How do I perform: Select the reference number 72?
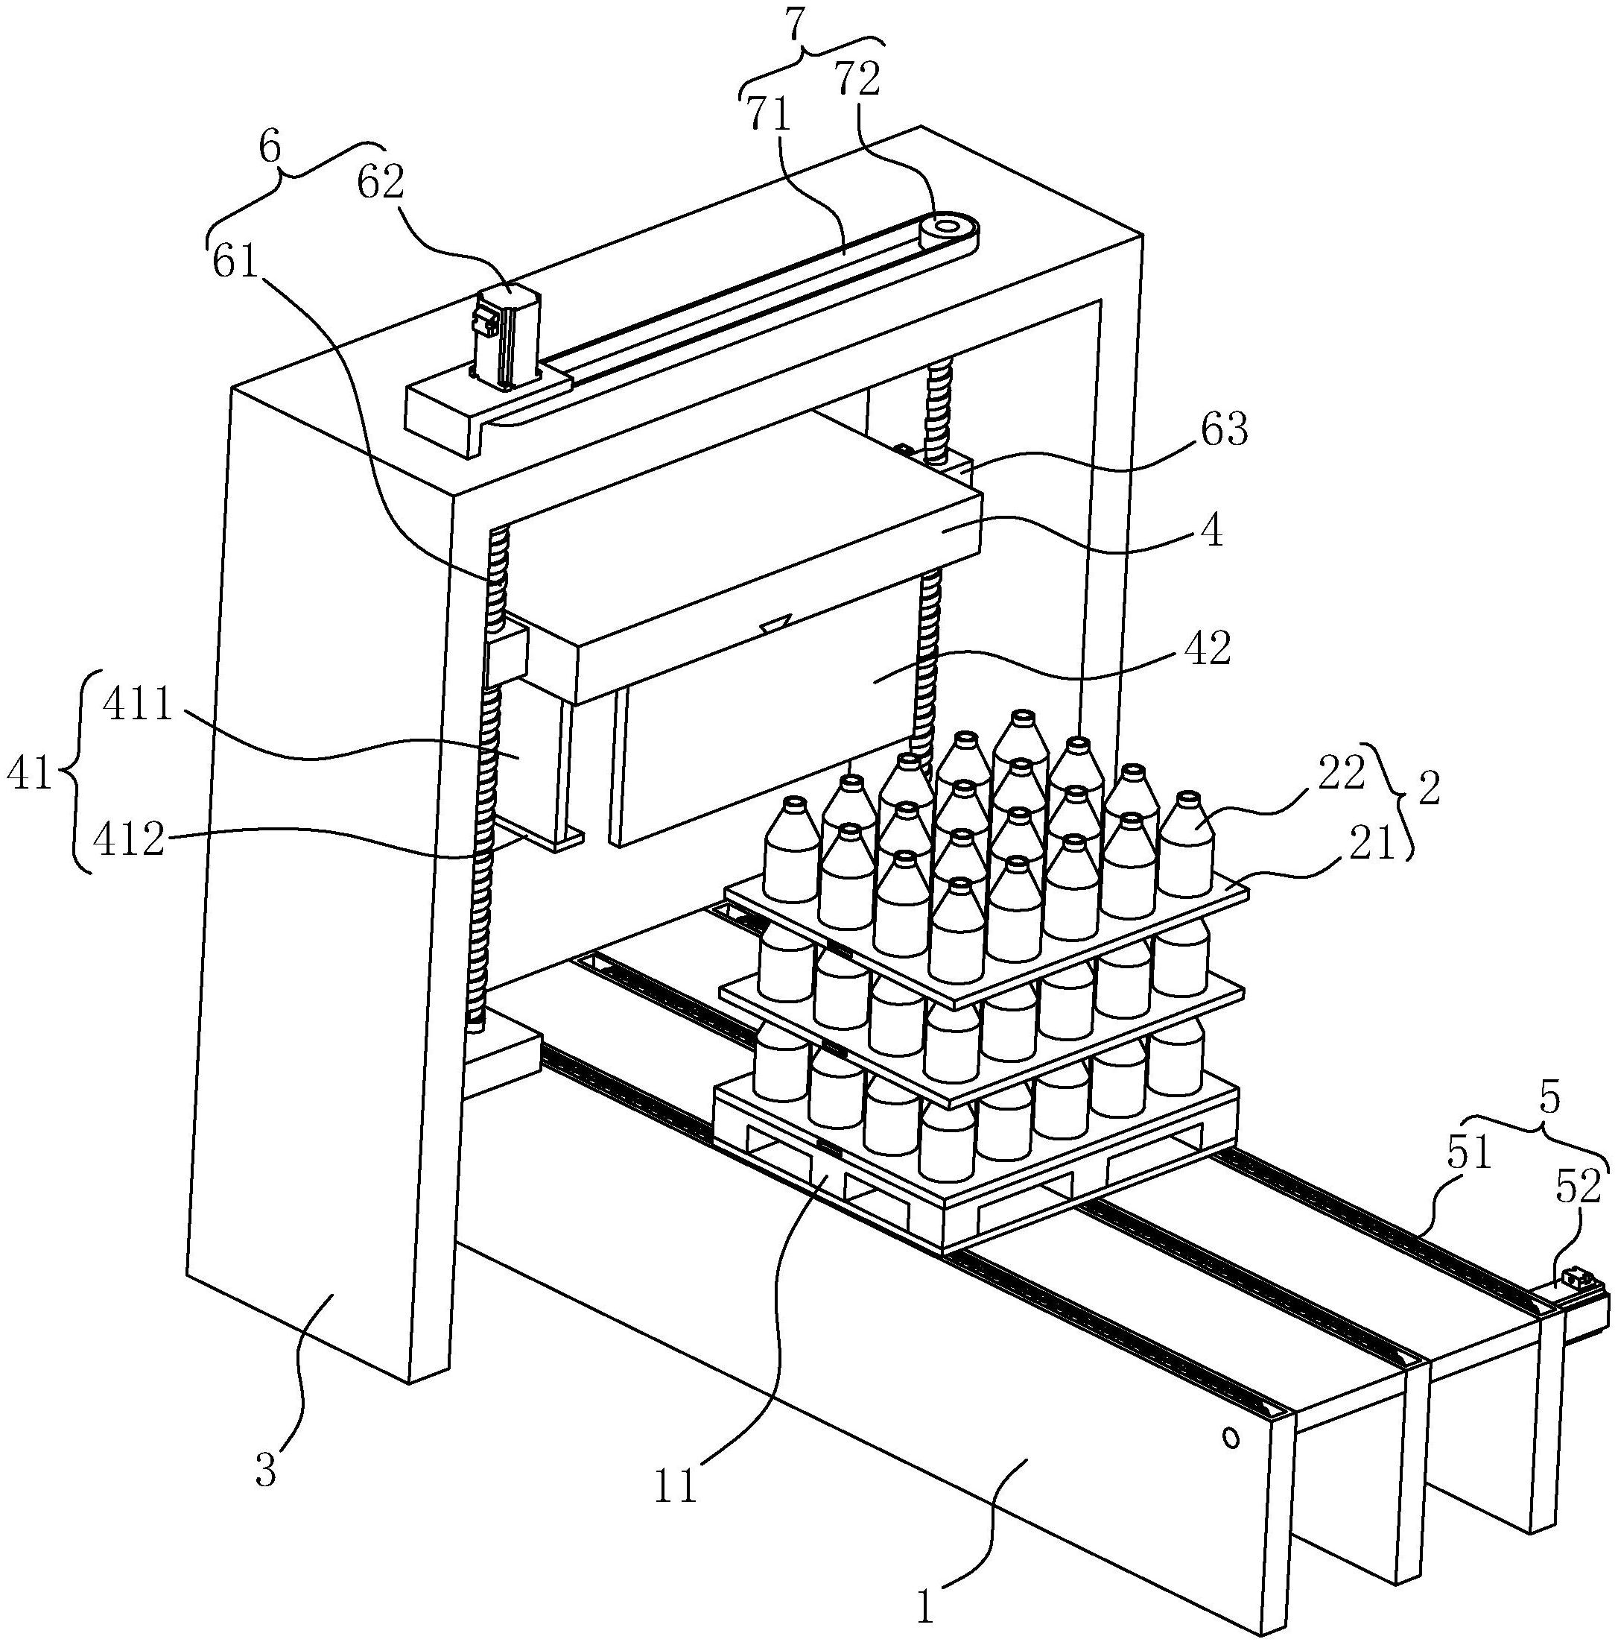(856, 78)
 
